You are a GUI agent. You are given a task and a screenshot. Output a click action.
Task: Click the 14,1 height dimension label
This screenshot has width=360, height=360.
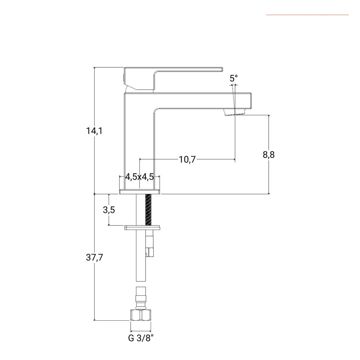(94, 131)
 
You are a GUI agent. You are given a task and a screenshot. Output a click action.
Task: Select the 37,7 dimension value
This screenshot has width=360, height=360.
(94, 258)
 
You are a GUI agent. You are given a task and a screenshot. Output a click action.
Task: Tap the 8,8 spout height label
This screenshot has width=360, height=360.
(269, 155)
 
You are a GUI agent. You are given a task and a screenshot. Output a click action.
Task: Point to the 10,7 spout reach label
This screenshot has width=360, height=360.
(187, 159)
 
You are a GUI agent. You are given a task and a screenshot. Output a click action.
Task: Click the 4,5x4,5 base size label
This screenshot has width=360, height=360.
(139, 177)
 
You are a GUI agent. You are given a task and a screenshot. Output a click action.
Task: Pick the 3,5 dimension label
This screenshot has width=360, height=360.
(109, 210)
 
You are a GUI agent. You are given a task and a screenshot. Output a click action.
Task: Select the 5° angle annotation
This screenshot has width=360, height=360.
(234, 78)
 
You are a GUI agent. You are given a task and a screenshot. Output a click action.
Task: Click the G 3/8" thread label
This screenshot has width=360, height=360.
(141, 338)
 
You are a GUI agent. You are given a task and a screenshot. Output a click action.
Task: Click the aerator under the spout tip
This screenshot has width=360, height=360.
(235, 112)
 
